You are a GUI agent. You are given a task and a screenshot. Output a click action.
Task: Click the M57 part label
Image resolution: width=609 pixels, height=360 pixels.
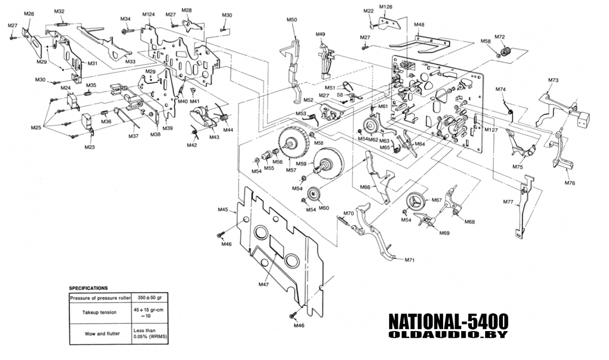pyautogui.click(x=291, y=170)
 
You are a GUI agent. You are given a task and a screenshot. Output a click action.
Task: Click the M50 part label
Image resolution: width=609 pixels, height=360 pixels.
pyautogui.click(x=291, y=19)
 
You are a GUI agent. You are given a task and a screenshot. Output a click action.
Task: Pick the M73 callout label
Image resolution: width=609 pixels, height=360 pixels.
pyautogui.click(x=553, y=80)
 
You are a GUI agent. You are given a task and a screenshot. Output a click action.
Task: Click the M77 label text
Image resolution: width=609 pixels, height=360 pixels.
pyautogui.click(x=509, y=203)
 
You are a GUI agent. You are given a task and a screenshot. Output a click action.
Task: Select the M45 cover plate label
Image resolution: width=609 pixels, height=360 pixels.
pyautogui.click(x=223, y=209)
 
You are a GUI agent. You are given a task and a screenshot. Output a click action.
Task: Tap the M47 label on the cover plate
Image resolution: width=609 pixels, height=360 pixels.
pyautogui.click(x=263, y=285)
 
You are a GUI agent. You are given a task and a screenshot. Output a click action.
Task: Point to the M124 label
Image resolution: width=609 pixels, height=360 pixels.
pyautogui.click(x=148, y=14)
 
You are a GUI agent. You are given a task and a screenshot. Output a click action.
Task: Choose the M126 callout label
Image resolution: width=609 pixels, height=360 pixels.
pyautogui.click(x=386, y=7)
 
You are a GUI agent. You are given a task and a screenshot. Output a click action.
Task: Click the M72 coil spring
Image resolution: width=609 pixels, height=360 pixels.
pyautogui.click(x=505, y=51)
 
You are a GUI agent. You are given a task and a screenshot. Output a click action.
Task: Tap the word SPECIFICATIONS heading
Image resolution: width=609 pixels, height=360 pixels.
pyautogui.click(x=88, y=288)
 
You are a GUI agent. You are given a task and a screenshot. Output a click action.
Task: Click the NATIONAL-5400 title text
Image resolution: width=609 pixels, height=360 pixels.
pyautogui.click(x=448, y=321)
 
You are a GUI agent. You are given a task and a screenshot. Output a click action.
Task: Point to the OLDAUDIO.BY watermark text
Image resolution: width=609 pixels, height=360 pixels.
pyautogui.click(x=448, y=335)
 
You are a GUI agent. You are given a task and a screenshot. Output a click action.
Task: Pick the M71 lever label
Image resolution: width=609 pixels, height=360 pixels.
pyautogui.click(x=410, y=260)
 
